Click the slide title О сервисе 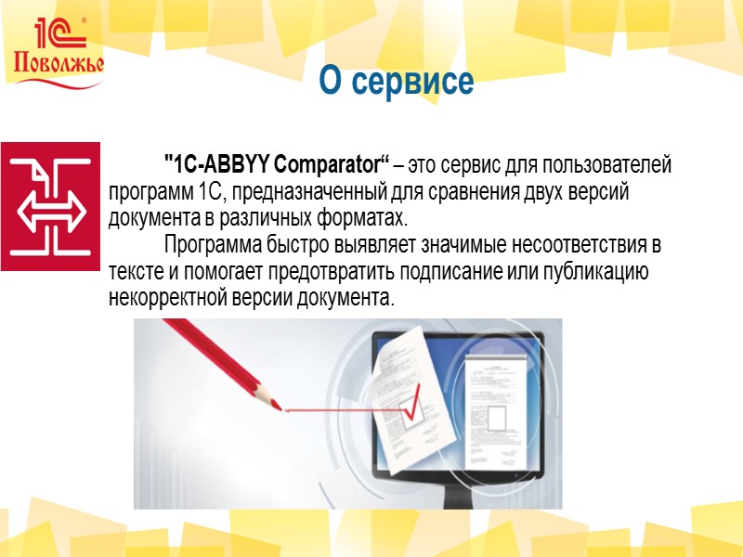tap(397, 82)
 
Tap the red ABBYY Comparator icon tap(49, 206)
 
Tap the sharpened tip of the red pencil tap(278, 404)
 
